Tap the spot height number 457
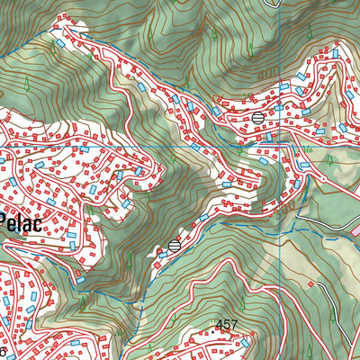227,323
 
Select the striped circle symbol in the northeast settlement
258,117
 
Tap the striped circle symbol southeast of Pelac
175,245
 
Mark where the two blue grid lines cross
280,145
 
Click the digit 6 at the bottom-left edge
4,350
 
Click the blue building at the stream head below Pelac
81,279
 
